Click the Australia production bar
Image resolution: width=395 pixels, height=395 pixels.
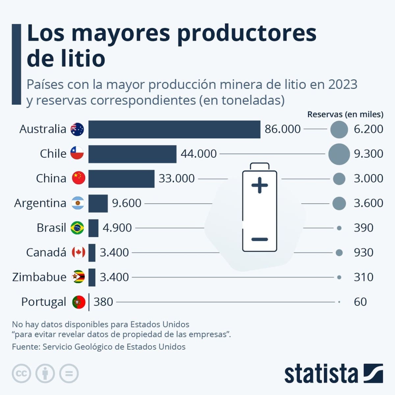tap(174, 129)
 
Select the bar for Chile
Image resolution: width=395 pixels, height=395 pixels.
tap(132, 154)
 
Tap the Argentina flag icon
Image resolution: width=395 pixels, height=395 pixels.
tap(78, 203)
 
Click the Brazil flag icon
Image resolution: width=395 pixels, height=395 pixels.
tap(77, 228)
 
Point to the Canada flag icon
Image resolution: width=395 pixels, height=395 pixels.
tap(78, 252)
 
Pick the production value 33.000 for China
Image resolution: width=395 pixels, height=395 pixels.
tap(176, 178)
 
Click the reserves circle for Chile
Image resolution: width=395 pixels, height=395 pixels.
tap(339, 154)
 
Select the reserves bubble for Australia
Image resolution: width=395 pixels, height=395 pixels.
tap(339, 129)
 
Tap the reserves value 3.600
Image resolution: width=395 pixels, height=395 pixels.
tap(368, 203)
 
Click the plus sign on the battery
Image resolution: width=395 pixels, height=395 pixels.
tap(260, 185)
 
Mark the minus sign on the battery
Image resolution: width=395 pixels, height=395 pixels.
tap(260, 239)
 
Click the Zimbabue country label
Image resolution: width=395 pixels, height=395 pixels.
tap(39, 277)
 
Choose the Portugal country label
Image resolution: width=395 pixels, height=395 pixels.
tap(44, 302)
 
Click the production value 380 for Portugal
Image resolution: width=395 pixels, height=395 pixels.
tap(103, 302)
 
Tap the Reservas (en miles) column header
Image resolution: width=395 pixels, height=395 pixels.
tap(345, 115)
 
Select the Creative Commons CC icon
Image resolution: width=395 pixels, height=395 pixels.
tap(21, 374)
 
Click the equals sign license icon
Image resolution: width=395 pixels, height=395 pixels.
tap(69, 374)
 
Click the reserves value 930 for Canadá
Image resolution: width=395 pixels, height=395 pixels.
tap(363, 252)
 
